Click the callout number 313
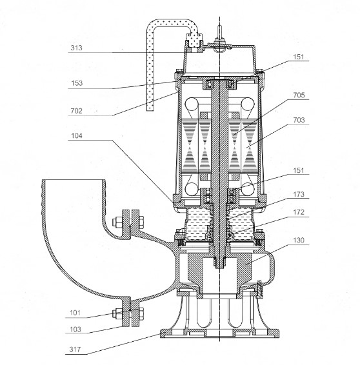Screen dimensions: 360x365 [76, 48]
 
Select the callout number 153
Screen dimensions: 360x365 [77, 83]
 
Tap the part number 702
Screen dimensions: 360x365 [76, 111]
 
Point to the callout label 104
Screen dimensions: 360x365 [77, 135]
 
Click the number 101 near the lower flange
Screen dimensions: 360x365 [75, 313]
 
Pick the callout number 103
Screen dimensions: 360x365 [75, 330]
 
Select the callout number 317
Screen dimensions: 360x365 [75, 350]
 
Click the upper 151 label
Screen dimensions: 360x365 [298, 57]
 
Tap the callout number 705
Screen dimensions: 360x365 [299, 95]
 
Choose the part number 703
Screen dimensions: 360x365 [299, 120]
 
